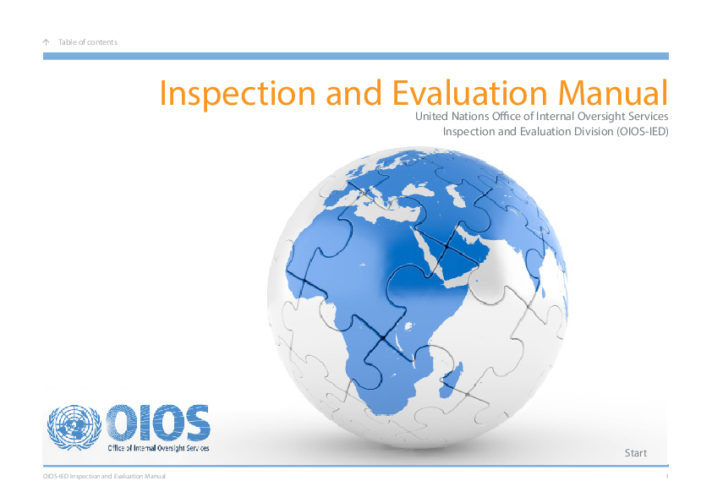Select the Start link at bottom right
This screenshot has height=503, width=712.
[635, 453]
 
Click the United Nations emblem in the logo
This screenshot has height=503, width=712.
[74, 429]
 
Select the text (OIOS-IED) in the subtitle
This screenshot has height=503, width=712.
[640, 132]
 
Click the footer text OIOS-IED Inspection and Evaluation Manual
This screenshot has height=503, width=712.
[104, 477]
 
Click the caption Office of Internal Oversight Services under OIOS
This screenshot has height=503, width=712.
[157, 447]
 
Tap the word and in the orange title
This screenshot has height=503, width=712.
[352, 92]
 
